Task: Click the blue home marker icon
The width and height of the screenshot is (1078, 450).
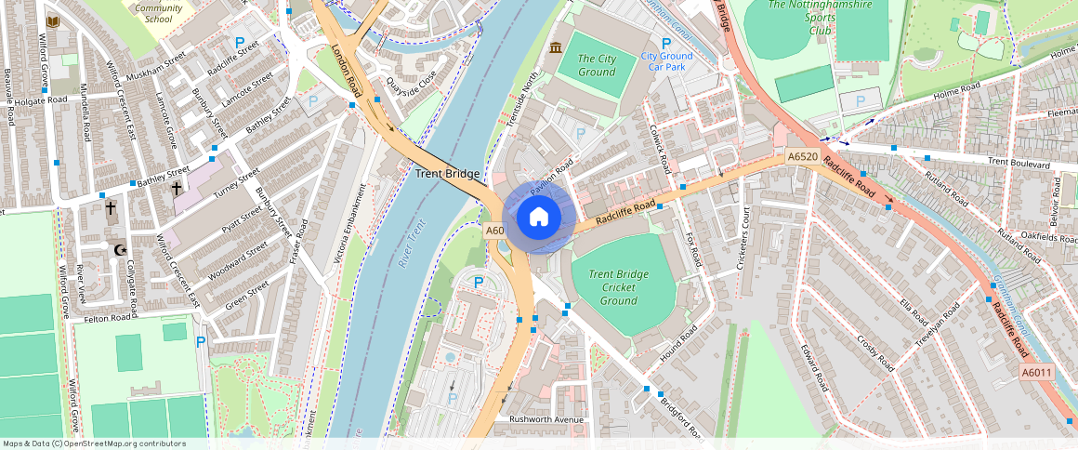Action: tap(538, 218)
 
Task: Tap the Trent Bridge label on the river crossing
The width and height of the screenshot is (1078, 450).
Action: tap(447, 174)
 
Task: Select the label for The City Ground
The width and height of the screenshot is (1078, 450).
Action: tap(597, 65)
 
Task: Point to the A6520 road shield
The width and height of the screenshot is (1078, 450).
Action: tap(802, 156)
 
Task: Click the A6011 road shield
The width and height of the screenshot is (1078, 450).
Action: tap(1037, 373)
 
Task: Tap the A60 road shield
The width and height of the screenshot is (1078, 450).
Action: tap(494, 231)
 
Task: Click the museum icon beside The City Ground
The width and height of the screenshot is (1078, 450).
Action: tap(556, 47)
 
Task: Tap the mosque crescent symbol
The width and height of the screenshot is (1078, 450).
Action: tap(118, 249)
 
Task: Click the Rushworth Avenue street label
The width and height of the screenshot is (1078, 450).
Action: tap(546, 419)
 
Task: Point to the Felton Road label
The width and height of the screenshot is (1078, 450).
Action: tap(110, 318)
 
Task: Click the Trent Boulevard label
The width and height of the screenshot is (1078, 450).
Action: tap(1019, 164)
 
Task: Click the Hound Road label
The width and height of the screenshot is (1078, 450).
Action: tap(678, 345)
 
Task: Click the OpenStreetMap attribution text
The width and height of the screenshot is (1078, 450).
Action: tap(94, 443)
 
